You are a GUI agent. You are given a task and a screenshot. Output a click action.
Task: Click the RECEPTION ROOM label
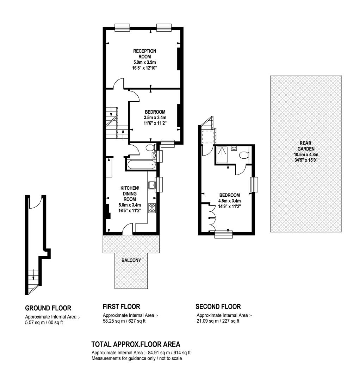[x=144, y=54]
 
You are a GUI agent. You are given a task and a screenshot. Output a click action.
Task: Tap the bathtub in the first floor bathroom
[x=141, y=165]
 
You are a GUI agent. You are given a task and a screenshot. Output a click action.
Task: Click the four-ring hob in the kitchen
[x=152, y=208]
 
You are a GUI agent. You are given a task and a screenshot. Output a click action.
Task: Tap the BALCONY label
[x=131, y=260]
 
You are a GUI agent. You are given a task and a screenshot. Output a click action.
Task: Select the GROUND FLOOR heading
[x=48, y=308]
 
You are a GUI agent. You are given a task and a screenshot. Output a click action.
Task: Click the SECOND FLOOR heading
[x=218, y=307]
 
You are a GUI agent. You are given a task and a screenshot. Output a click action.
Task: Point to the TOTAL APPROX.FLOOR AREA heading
[x=136, y=344]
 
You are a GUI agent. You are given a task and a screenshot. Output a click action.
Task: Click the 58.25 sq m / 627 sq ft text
[x=124, y=321]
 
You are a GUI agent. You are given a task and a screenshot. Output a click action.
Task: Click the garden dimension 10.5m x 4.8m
[x=306, y=154]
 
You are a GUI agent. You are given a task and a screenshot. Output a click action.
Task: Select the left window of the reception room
[x=122, y=28]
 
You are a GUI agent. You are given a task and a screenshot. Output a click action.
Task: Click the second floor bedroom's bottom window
[x=224, y=234]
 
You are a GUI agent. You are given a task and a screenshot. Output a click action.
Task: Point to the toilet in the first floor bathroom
[x=151, y=147]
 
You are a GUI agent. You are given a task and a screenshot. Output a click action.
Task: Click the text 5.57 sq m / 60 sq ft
[x=44, y=323]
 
